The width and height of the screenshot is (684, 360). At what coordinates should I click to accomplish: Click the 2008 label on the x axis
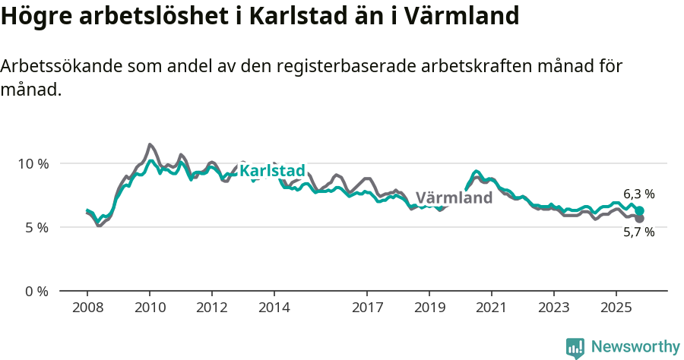tap(87, 308)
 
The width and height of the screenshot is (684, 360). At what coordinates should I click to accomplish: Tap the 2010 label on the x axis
tap(150, 308)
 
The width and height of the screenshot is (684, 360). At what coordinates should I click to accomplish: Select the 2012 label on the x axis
tap(212, 308)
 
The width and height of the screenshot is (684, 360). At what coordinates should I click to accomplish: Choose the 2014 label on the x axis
tap(274, 308)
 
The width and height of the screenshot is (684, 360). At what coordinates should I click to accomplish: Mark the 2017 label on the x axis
tap(367, 308)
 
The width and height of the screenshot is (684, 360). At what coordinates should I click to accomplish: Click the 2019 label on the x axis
tap(429, 308)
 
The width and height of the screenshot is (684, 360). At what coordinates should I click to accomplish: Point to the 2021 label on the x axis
tap(492, 308)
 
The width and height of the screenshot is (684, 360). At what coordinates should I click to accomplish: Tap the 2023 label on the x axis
tap(553, 308)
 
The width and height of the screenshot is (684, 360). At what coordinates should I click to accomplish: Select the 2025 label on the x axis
tap(616, 308)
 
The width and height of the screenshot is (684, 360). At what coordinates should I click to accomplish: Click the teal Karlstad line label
tap(272, 171)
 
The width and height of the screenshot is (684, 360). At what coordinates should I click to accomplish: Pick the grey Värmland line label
tap(454, 197)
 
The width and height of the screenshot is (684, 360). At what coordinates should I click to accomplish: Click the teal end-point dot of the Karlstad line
tap(639, 210)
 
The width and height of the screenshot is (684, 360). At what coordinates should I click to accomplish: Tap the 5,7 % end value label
tap(638, 232)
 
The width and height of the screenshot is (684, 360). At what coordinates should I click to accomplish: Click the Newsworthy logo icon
tap(575, 347)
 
